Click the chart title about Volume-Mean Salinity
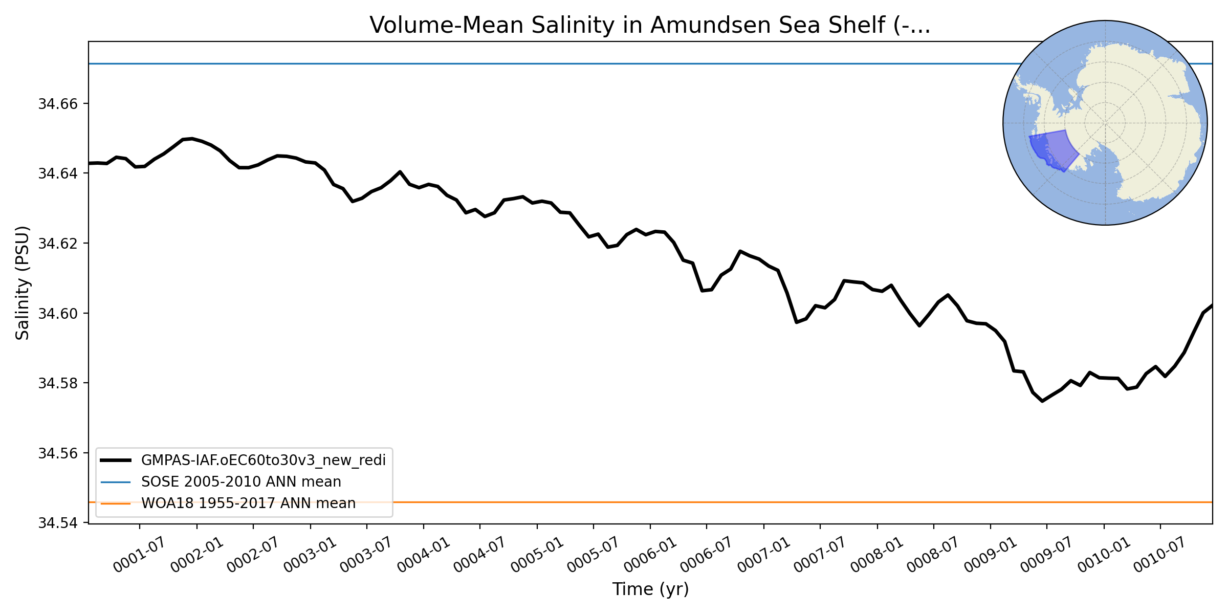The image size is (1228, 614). coord(650,25)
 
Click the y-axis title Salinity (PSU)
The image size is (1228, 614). coord(23,282)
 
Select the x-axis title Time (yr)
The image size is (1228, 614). coord(650,589)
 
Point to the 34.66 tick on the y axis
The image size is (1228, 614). coord(57,104)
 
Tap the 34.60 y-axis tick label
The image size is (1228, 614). coord(57,313)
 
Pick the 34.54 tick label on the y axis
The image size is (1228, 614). coord(57,523)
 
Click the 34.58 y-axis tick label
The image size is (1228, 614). coord(57,383)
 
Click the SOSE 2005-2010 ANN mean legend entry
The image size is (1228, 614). coord(241,481)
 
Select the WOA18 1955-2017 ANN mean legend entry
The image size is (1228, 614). coord(248,503)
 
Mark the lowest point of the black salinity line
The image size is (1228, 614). coord(1042,401)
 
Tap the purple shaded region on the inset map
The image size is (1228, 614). coord(1059,149)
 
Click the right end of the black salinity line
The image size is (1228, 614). coord(1212,305)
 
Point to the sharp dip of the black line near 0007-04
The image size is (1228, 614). coord(797,322)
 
